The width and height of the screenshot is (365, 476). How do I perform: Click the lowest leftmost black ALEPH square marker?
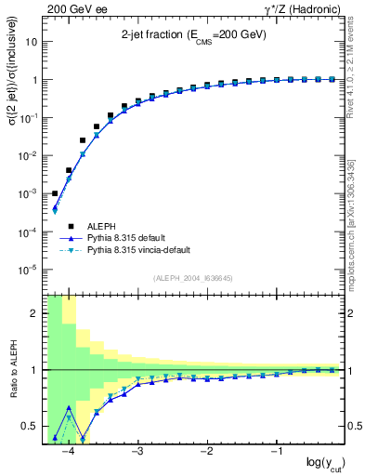point(55,193)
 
